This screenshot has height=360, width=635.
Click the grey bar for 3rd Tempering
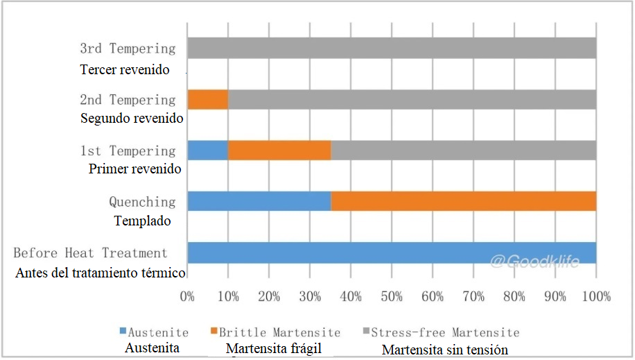pos(392,48)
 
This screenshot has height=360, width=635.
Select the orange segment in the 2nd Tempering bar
pos(208,99)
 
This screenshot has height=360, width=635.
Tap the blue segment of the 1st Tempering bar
pos(208,151)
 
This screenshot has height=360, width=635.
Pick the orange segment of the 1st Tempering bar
pos(279,151)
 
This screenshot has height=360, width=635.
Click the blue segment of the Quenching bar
pos(259,202)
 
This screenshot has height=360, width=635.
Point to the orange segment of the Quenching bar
pos(463,202)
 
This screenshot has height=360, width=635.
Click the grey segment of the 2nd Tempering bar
pos(412,99)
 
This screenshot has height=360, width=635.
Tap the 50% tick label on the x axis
pos(392,297)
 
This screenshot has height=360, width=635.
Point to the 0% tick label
pos(187,297)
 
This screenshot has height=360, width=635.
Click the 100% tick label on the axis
pos(596,297)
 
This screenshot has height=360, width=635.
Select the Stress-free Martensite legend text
pos(446,332)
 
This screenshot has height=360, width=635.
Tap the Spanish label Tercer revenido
pos(125,70)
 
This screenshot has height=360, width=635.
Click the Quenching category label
pos(142,202)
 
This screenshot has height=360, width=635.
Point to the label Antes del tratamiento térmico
pos(100,273)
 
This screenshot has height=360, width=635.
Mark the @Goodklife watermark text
pos(534,262)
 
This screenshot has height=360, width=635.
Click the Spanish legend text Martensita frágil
pos(275,348)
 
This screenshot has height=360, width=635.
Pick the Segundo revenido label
pos(132,119)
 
